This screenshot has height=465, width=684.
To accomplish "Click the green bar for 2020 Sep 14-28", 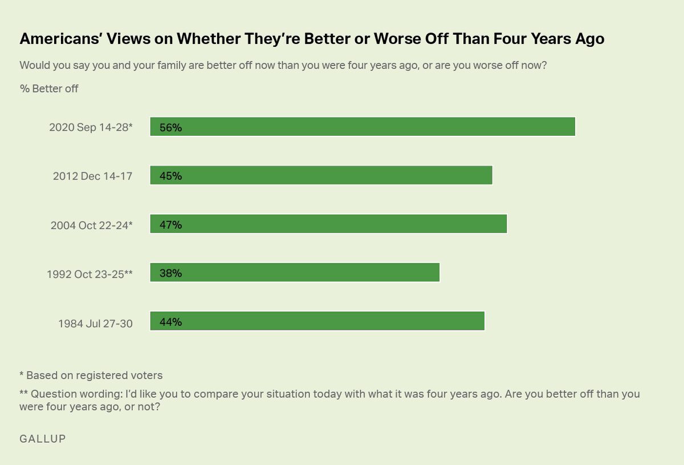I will [363, 127].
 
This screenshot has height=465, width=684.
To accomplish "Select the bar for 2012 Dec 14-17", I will [321, 176].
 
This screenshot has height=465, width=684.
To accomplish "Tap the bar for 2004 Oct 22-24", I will [328, 224].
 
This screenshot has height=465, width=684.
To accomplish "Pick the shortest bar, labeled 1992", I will [295, 273].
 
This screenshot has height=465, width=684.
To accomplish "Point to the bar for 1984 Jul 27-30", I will [317, 321].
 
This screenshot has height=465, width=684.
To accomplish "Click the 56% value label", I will [170, 128].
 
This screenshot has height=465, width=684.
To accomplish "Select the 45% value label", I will [170, 176].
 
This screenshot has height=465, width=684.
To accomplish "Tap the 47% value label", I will [170, 225].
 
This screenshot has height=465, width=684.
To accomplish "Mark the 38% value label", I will [170, 273].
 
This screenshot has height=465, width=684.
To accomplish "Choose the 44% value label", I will [170, 322].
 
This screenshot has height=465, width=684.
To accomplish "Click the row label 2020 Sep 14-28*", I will [91, 128].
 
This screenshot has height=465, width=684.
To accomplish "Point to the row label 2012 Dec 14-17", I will [92, 176].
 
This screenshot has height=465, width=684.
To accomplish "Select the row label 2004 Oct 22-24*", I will [91, 225].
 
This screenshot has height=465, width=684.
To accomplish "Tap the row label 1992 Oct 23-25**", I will [89, 274].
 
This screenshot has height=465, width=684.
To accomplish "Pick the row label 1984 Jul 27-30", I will [95, 324].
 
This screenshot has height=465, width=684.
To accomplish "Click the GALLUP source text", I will [43, 439].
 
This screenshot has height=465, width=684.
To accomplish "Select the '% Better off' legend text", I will [48, 88].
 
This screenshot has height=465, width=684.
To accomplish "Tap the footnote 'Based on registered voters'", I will [94, 375].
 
